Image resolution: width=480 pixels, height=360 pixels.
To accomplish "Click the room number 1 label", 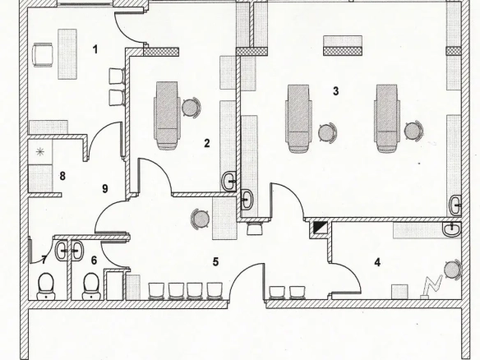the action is click(95, 49).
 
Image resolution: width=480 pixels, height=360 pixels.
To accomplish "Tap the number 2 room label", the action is click(207, 143).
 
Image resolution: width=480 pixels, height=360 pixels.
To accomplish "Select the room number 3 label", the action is click(336, 91).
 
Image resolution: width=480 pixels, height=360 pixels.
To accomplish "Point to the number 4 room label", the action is click(377, 262).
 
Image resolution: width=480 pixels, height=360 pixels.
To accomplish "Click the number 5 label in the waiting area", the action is click(216, 262).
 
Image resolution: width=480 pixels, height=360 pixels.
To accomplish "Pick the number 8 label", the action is click(62, 176).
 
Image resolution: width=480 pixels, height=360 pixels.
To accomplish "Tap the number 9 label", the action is click(105, 188).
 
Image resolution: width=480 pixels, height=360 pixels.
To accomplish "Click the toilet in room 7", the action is click(46, 286).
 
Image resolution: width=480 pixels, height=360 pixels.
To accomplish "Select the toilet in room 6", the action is click(91, 286).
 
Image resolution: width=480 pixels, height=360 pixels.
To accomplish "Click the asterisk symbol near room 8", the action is click(39, 152).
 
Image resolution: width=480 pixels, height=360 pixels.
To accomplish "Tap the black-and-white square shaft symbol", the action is click(320, 228).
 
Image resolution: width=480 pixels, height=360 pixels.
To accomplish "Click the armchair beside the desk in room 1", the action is click(43, 54).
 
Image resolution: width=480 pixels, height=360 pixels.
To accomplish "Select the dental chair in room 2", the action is click(167, 115).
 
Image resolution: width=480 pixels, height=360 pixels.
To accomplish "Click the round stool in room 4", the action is click(452, 270).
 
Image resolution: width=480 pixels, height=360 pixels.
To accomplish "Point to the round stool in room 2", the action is click(191, 107).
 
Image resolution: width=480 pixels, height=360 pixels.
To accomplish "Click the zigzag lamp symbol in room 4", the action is click(432, 287).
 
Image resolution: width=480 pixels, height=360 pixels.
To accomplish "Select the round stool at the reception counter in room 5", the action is click(201, 219).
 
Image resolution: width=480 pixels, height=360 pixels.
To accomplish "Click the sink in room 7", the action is click(62, 251).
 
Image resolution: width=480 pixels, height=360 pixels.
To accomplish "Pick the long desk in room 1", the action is click(67, 54).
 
